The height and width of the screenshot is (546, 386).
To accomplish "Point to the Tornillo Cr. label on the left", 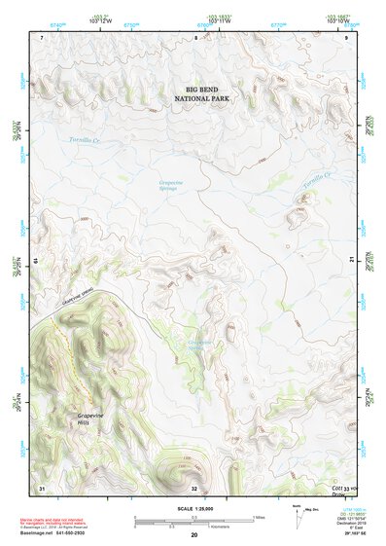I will pyautogui.click(x=86, y=141).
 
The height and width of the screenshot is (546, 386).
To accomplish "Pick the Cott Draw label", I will pyautogui.click(x=340, y=491).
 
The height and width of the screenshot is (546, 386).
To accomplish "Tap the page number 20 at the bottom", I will pyautogui.click(x=193, y=535).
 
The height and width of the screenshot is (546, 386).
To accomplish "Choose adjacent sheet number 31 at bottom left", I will pyautogui.click(x=42, y=487).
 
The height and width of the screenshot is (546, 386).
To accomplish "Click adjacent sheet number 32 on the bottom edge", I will pyautogui.click(x=194, y=487).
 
